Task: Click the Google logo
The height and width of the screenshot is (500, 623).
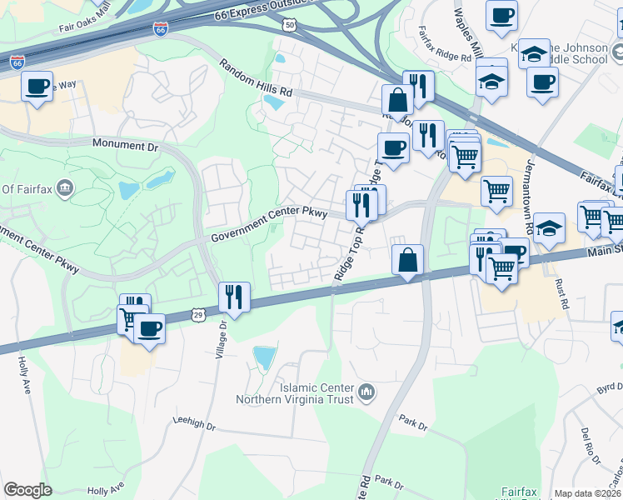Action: [x=27, y=491]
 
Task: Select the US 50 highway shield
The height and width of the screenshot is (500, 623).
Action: [x=289, y=26]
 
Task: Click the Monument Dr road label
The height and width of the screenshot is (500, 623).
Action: [x=125, y=145]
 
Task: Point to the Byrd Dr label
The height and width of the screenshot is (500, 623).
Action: [x=610, y=389]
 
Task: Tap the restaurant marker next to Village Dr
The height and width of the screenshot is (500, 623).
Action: [x=233, y=297]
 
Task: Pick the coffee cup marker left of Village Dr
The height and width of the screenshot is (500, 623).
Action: [x=149, y=328]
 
